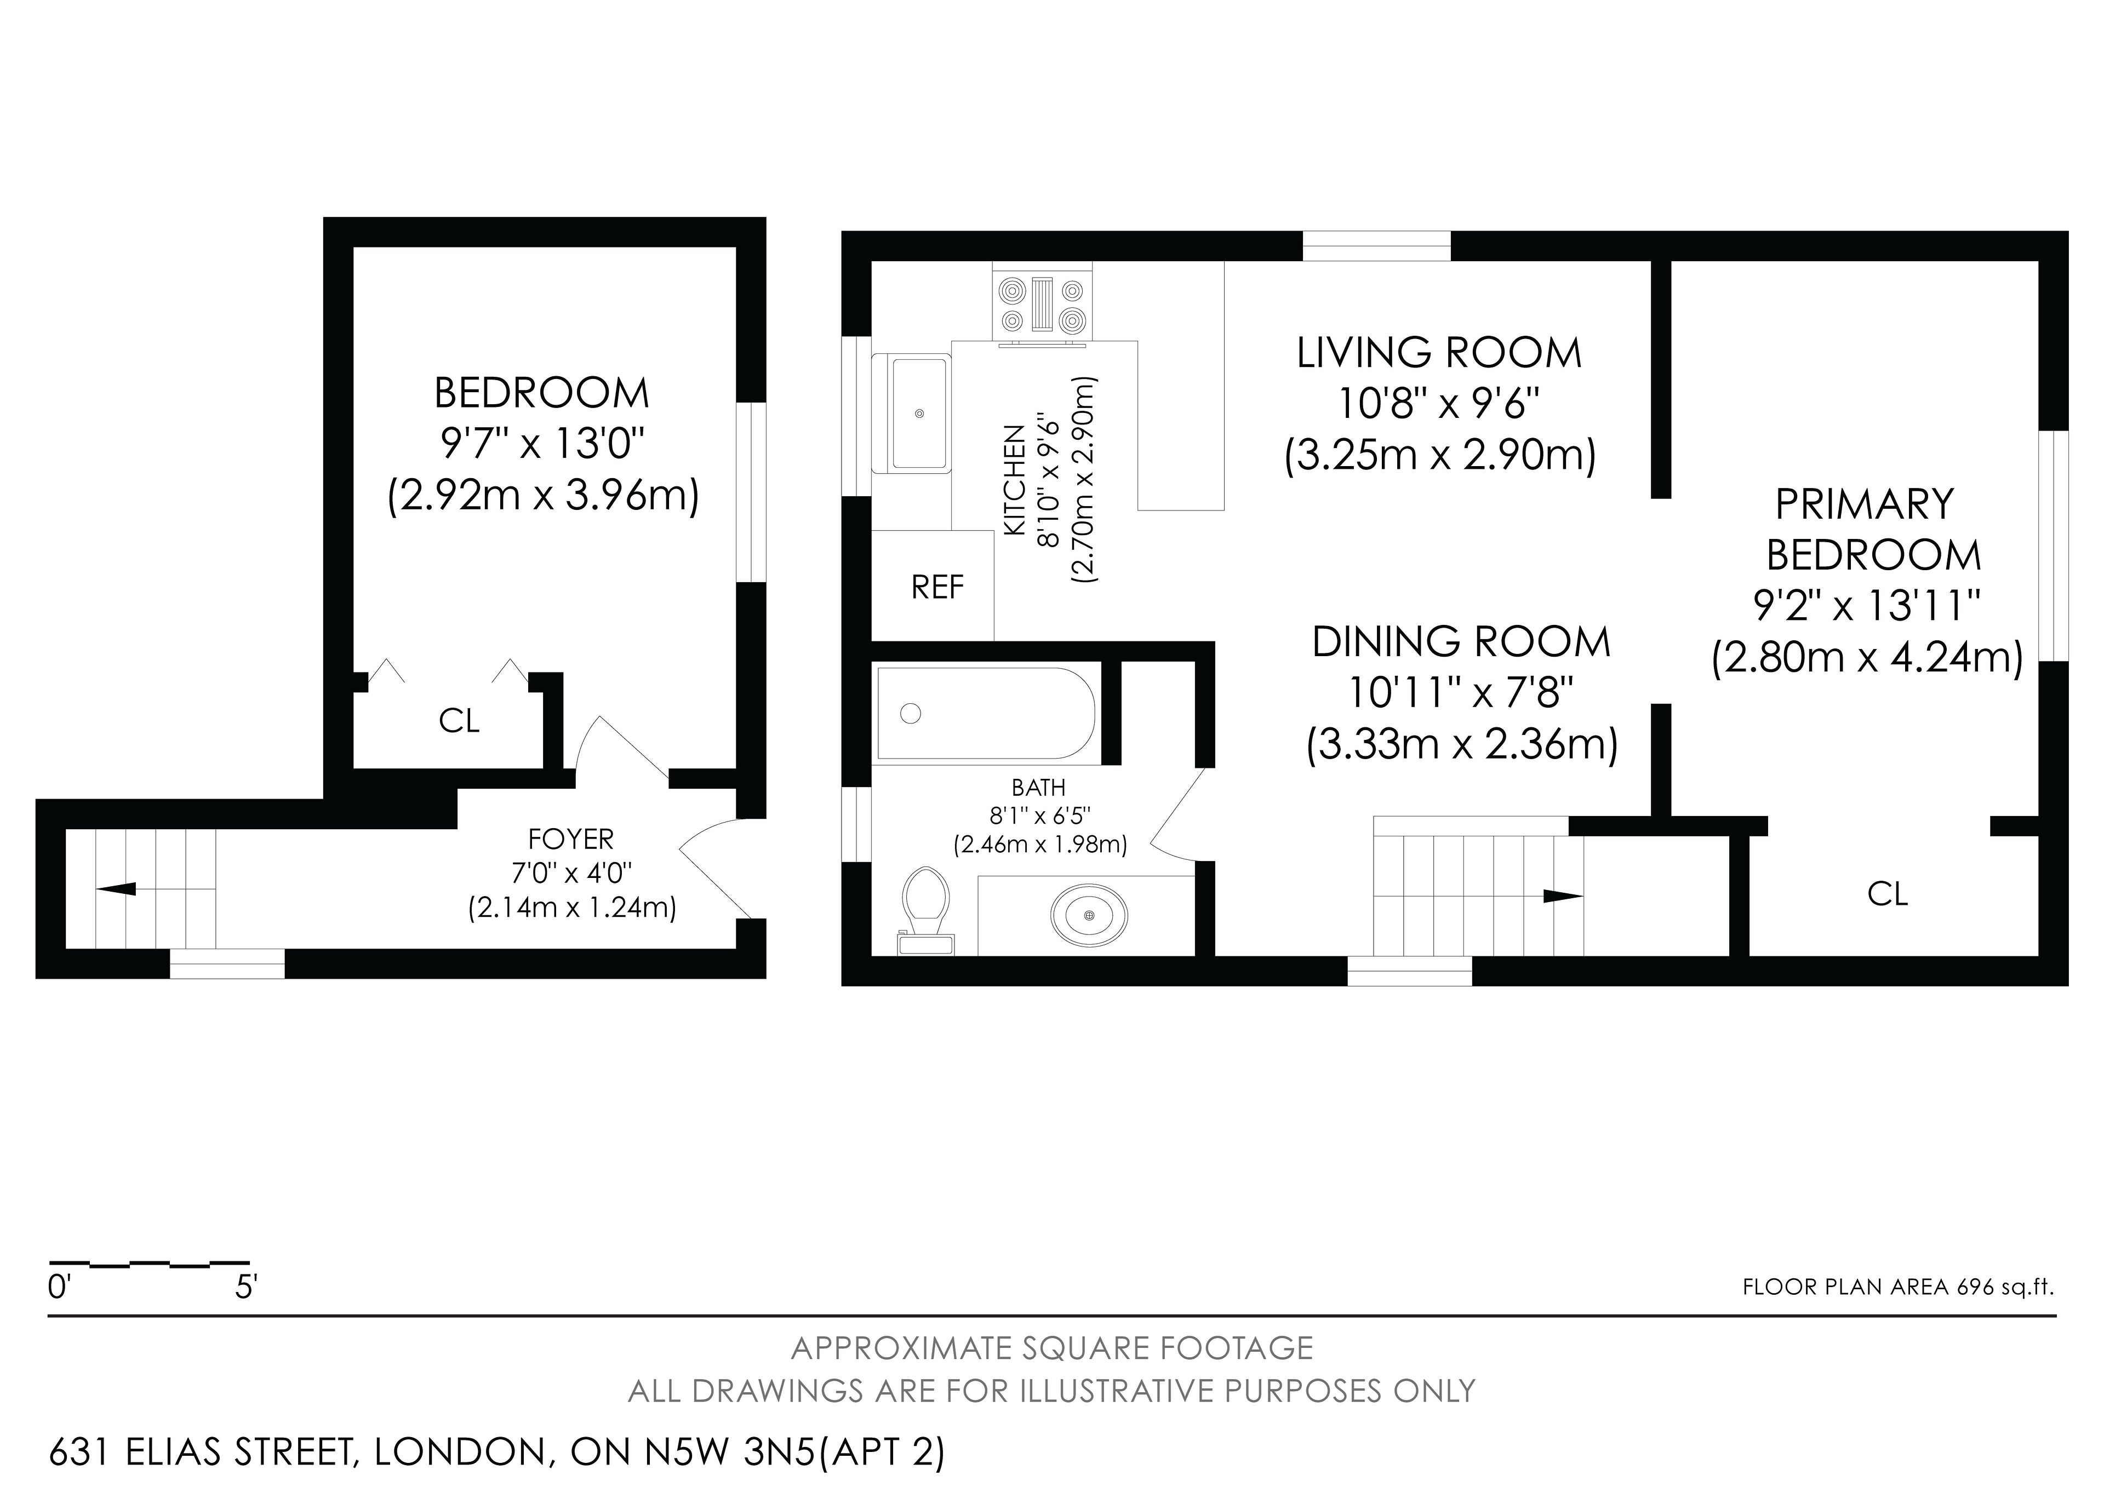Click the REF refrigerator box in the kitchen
[x=932, y=585]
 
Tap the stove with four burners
[x=1043, y=306]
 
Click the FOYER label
[x=571, y=839]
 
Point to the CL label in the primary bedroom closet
[x=1888, y=893]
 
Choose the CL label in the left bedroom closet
[x=459, y=721]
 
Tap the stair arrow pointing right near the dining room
[x=1563, y=896]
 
